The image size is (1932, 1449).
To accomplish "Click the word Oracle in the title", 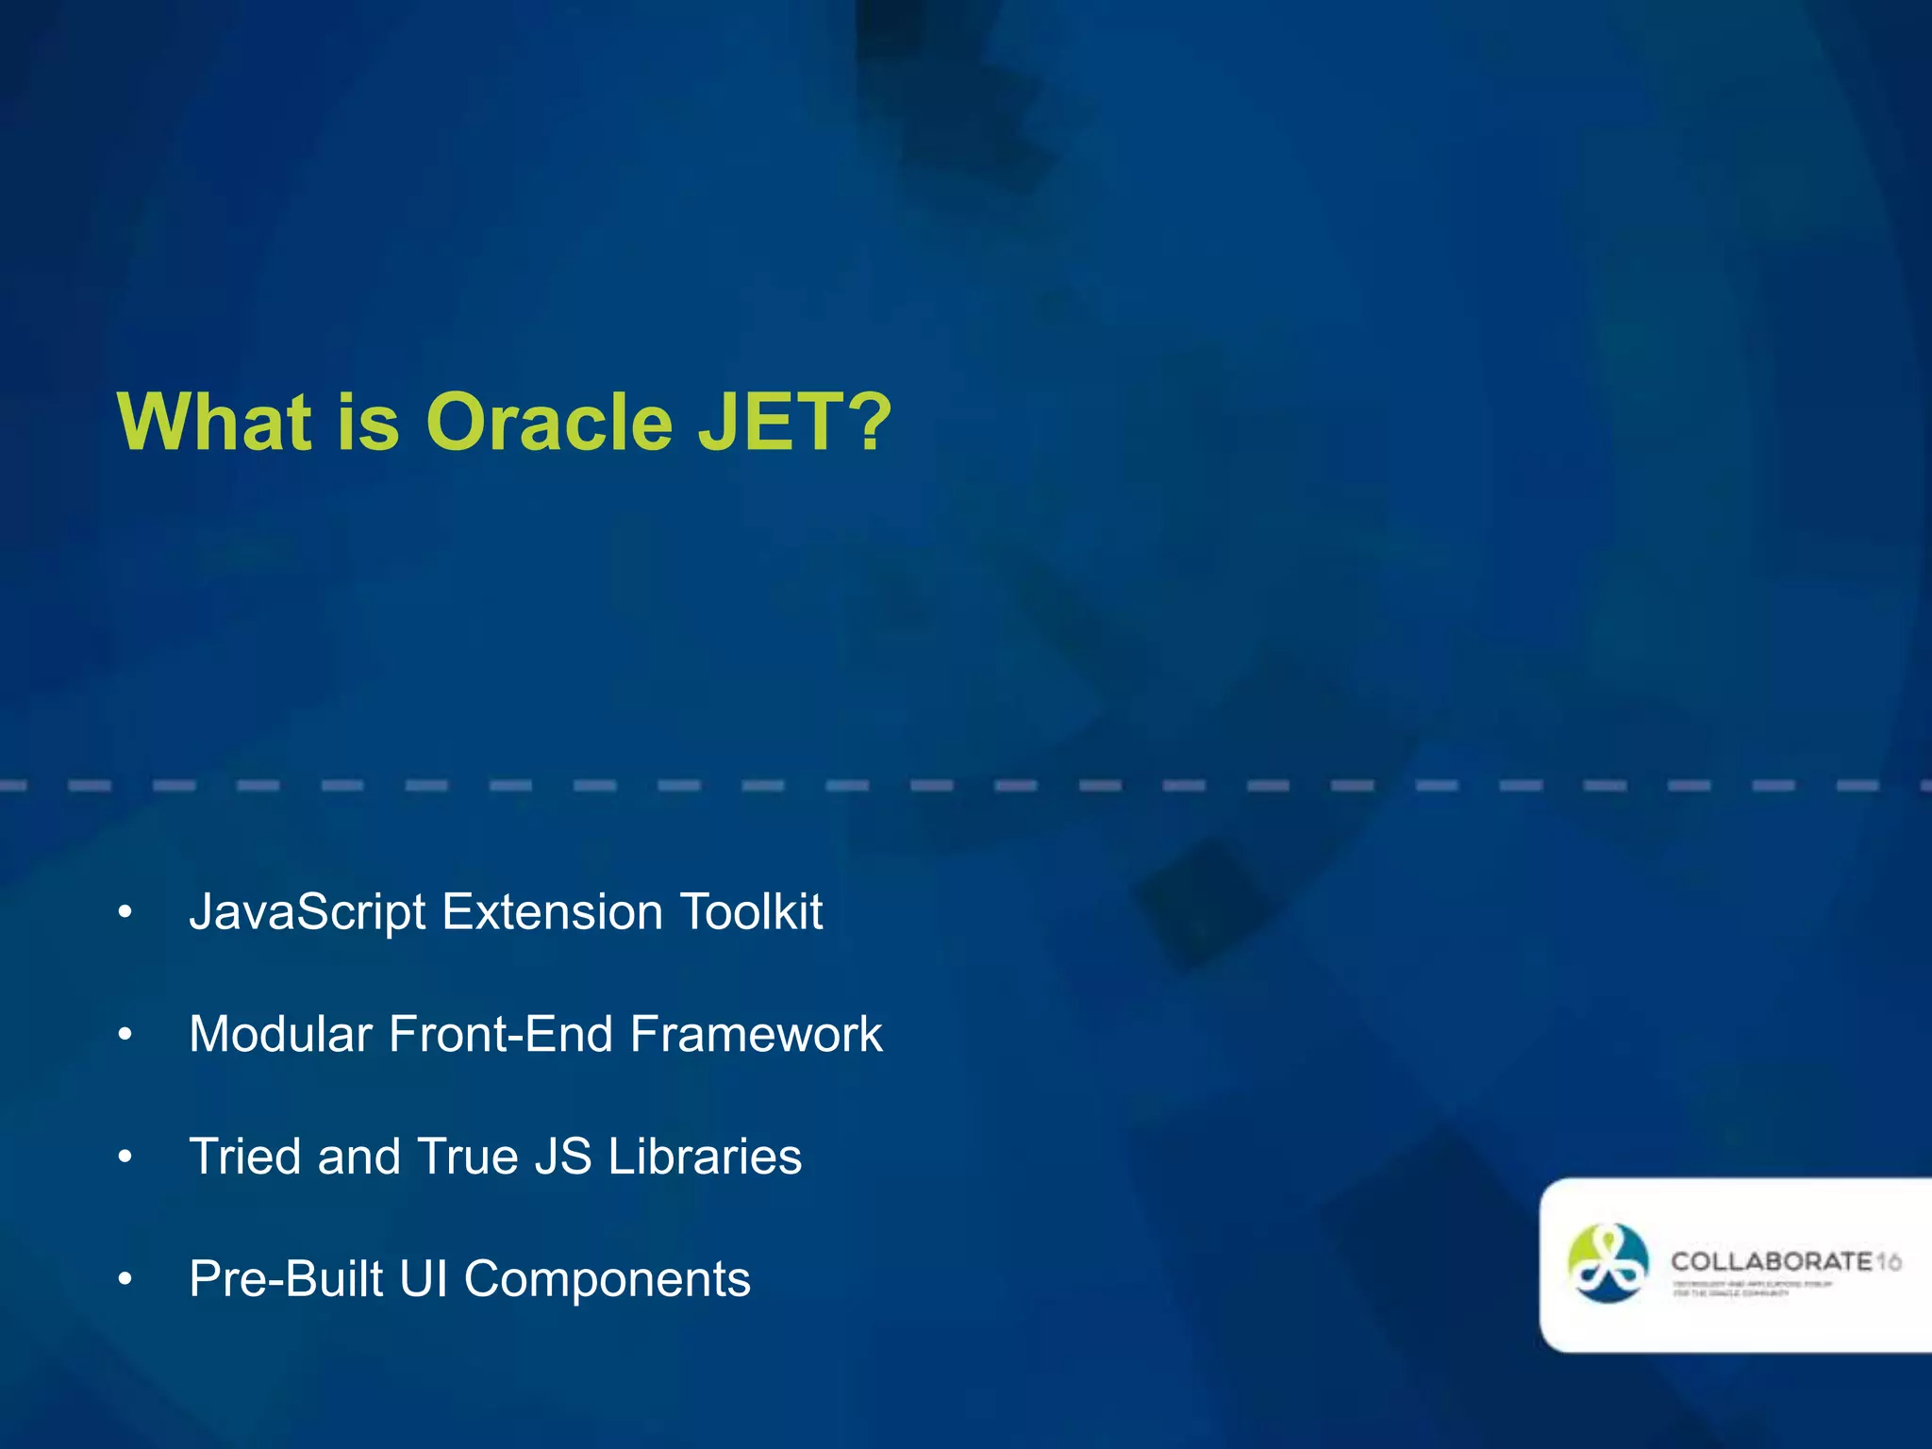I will pos(549,422).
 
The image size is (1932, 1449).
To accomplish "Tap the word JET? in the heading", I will pos(794,422).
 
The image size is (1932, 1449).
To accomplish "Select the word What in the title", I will pos(213,422).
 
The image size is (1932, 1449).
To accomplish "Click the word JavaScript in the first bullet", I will pos(307,913).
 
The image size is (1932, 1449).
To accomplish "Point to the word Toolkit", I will pos(751,912).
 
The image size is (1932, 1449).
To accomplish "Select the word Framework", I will pos(756,1034).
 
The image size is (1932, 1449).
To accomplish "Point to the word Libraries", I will pos(704,1157).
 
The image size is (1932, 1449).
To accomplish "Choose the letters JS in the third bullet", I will pos(563,1157).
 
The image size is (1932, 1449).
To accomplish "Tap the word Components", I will pos(607,1281).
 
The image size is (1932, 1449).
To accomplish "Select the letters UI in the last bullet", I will pos(423,1279).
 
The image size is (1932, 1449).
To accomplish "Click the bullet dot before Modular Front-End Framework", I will pos(125,1036).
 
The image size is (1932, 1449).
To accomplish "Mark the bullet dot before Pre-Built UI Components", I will pos(125,1281).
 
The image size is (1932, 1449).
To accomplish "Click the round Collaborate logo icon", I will pos(1607,1263).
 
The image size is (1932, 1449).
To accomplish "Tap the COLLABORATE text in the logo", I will pos(1771,1261).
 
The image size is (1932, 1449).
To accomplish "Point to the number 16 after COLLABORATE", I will pos(1889,1261).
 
